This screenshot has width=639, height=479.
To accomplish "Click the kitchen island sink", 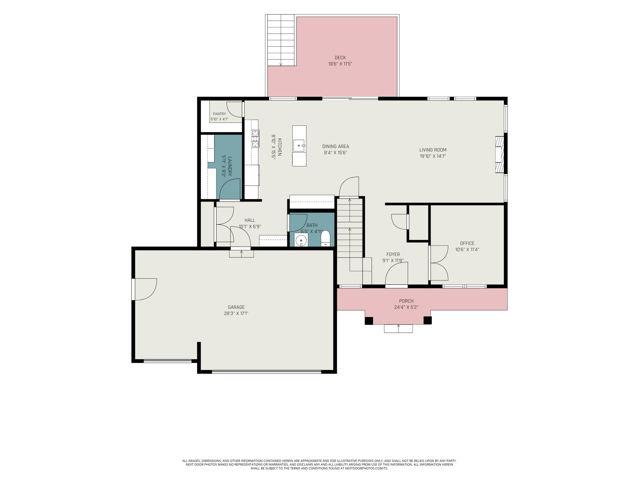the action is pyautogui.click(x=299, y=146).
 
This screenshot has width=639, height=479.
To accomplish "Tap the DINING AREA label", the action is pyautogui.click(x=336, y=146).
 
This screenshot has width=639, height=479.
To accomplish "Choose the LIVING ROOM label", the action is pyautogui.click(x=433, y=150).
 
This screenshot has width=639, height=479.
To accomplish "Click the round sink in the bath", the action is pyautogui.click(x=301, y=240).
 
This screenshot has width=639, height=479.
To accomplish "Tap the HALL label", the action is pyautogui.click(x=250, y=220).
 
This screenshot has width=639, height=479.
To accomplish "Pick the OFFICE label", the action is pyautogui.click(x=467, y=243).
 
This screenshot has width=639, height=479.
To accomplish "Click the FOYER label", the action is pyautogui.click(x=393, y=254).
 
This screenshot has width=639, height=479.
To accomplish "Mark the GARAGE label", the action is pyautogui.click(x=236, y=307).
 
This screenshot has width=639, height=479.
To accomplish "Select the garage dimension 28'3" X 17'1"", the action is pyautogui.click(x=236, y=314).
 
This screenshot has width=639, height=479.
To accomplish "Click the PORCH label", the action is pyautogui.click(x=406, y=301).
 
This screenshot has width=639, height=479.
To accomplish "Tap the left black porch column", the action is pyautogui.click(x=369, y=321).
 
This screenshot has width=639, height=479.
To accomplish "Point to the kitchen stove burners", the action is pyautogui.click(x=255, y=139).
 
